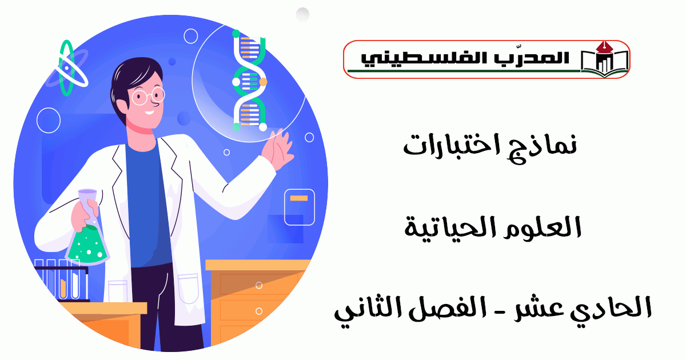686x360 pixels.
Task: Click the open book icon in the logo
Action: pyautogui.click(x=604, y=61)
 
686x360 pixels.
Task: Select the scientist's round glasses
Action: pyautogui.click(x=147, y=96)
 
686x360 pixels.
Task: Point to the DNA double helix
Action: pyautogui.click(x=249, y=81)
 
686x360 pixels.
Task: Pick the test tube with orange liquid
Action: pyautogui.click(x=63, y=279)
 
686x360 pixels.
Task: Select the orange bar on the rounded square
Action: pyautogui.click(x=299, y=198)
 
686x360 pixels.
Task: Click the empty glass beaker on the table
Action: pyautogui.click(x=118, y=291)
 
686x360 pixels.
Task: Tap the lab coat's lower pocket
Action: pyautogui.click(x=188, y=289)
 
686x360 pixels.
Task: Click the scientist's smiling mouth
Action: pyautogui.click(x=150, y=113)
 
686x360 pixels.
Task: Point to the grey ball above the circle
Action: pyautogui.click(x=302, y=14)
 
